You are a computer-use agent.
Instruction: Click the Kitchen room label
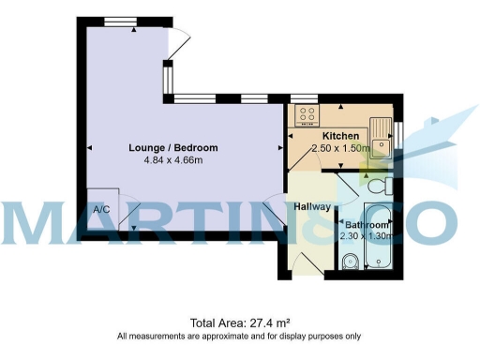[342, 135]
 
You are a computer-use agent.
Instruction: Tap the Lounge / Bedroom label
[173, 148]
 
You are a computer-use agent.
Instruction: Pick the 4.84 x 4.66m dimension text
[173, 161]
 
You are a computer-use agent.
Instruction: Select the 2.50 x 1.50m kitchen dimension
[343, 148]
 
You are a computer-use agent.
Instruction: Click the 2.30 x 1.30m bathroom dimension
[365, 238]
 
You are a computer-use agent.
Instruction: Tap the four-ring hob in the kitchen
[307, 115]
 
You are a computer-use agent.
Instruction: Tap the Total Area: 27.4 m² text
[239, 322]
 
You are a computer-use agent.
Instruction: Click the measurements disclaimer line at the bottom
[239, 336]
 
